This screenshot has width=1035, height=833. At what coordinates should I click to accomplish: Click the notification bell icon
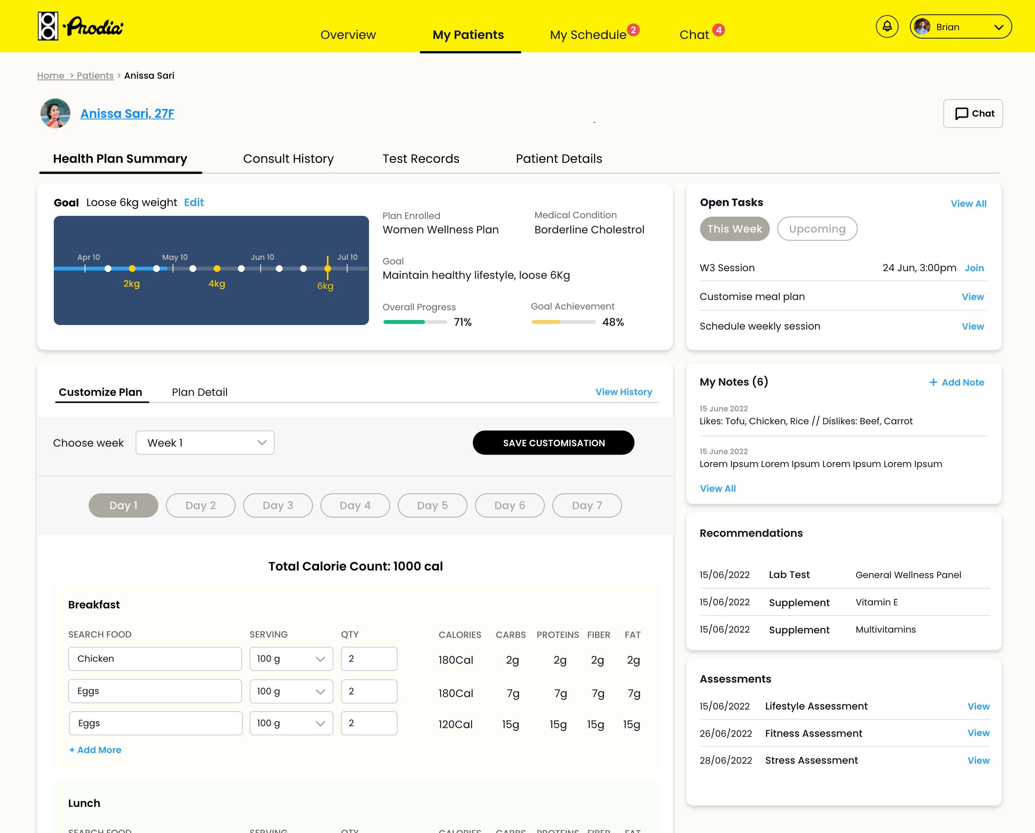tap(887, 27)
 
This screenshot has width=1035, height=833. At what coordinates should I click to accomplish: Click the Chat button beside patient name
tap(972, 114)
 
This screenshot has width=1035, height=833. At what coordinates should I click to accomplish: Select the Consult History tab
tap(288, 159)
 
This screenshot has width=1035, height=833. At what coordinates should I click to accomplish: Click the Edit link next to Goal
tap(193, 202)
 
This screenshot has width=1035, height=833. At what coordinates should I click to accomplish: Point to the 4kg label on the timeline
tap(217, 284)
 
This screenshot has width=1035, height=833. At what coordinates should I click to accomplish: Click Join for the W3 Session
tap(974, 268)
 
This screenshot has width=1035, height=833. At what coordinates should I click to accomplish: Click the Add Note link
tap(956, 383)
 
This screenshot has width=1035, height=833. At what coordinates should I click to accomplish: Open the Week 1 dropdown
tap(205, 443)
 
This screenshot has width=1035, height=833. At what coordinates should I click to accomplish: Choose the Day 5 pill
tap(432, 506)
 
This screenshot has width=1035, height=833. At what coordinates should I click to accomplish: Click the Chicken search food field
tap(154, 659)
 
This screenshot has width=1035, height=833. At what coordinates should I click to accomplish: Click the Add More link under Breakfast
tap(95, 750)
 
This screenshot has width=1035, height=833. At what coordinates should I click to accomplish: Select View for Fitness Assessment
tap(978, 733)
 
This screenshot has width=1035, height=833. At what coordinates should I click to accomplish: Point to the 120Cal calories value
tap(455, 725)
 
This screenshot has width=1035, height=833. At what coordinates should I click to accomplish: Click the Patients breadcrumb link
tap(95, 76)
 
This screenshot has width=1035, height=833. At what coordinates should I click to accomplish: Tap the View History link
tap(623, 392)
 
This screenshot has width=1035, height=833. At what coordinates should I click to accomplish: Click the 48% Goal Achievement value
tap(613, 322)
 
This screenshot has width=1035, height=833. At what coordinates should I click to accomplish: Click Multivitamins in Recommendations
tap(885, 629)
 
